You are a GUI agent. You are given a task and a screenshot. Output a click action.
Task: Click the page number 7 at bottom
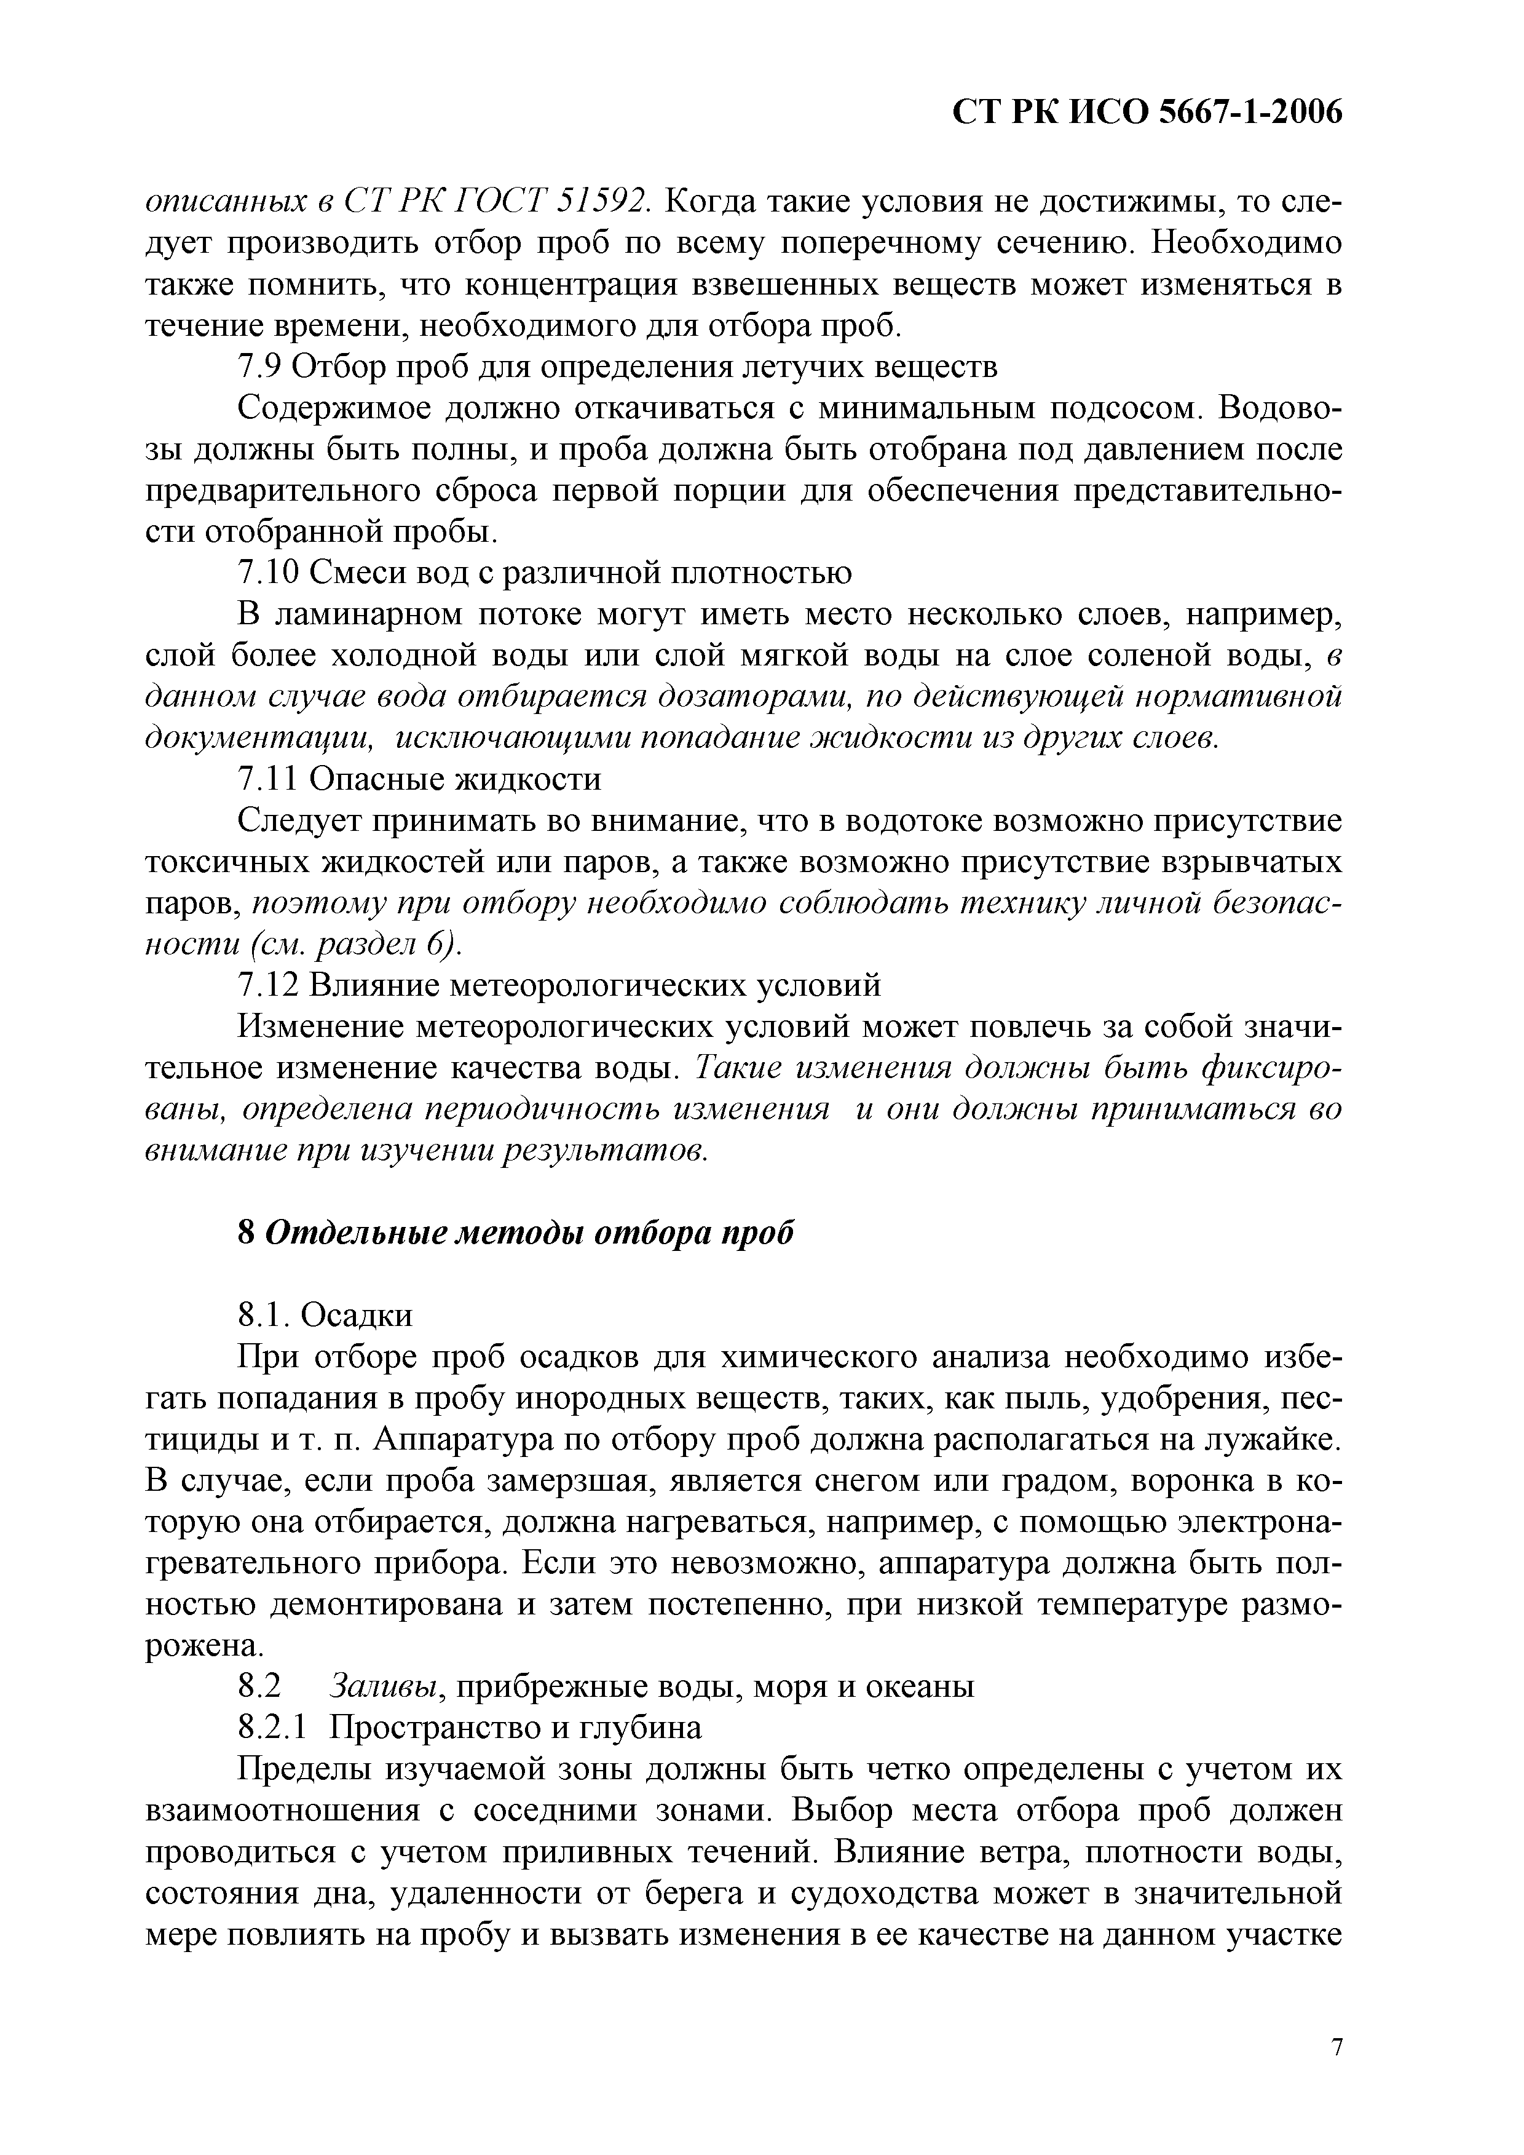[1337, 2047]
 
